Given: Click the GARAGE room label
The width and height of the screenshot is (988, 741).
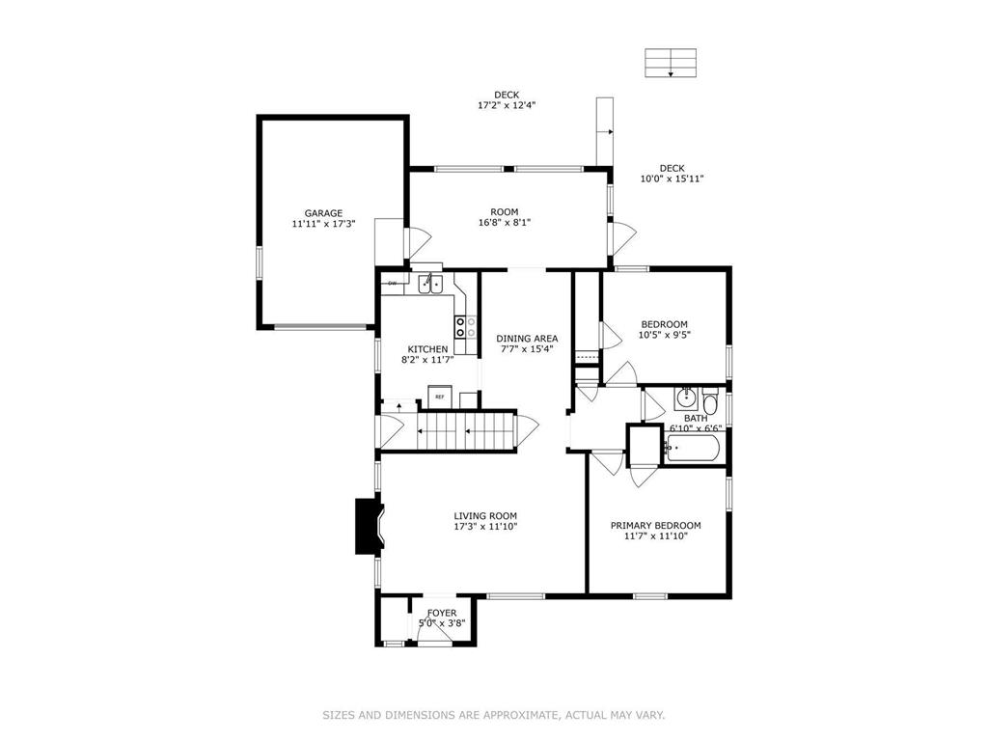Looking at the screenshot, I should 323,213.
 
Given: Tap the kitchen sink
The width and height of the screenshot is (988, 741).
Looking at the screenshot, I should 430,284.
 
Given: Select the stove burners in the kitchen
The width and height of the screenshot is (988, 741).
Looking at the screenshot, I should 460,327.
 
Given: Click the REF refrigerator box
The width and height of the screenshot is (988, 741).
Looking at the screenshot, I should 439,397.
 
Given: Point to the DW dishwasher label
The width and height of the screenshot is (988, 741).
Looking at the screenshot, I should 393,283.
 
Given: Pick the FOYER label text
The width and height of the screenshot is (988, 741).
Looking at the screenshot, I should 442,613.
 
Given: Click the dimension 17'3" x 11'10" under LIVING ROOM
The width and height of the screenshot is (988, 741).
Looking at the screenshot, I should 486,527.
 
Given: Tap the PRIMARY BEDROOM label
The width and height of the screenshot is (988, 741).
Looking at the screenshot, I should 655,526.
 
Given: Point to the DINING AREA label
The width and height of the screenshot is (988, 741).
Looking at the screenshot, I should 527,339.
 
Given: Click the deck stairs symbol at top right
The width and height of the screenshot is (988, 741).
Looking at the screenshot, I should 671,62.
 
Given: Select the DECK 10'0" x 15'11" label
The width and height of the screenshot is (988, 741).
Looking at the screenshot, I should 672,174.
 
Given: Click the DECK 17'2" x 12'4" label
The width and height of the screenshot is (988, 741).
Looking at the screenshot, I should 507,100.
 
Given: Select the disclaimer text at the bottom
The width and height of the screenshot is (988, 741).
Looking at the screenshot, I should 493,715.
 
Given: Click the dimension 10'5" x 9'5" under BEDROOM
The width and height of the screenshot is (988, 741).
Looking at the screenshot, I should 665,336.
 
